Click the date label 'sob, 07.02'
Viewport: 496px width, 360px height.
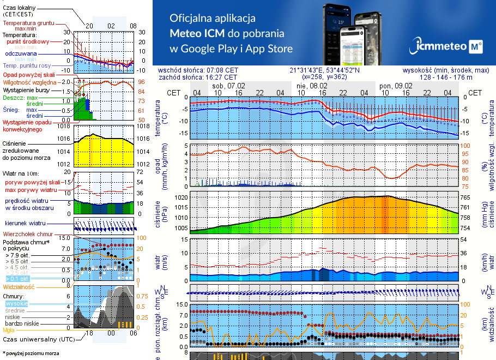229,86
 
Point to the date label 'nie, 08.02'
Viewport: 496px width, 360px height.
312,86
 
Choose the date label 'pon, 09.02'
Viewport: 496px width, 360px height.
396,86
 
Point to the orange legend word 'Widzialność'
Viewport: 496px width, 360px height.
19,286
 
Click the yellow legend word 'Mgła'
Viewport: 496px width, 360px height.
9,330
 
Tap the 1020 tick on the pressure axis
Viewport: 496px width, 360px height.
181,197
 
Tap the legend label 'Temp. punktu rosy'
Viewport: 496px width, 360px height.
27,65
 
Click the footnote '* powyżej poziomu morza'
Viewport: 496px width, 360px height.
31,353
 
